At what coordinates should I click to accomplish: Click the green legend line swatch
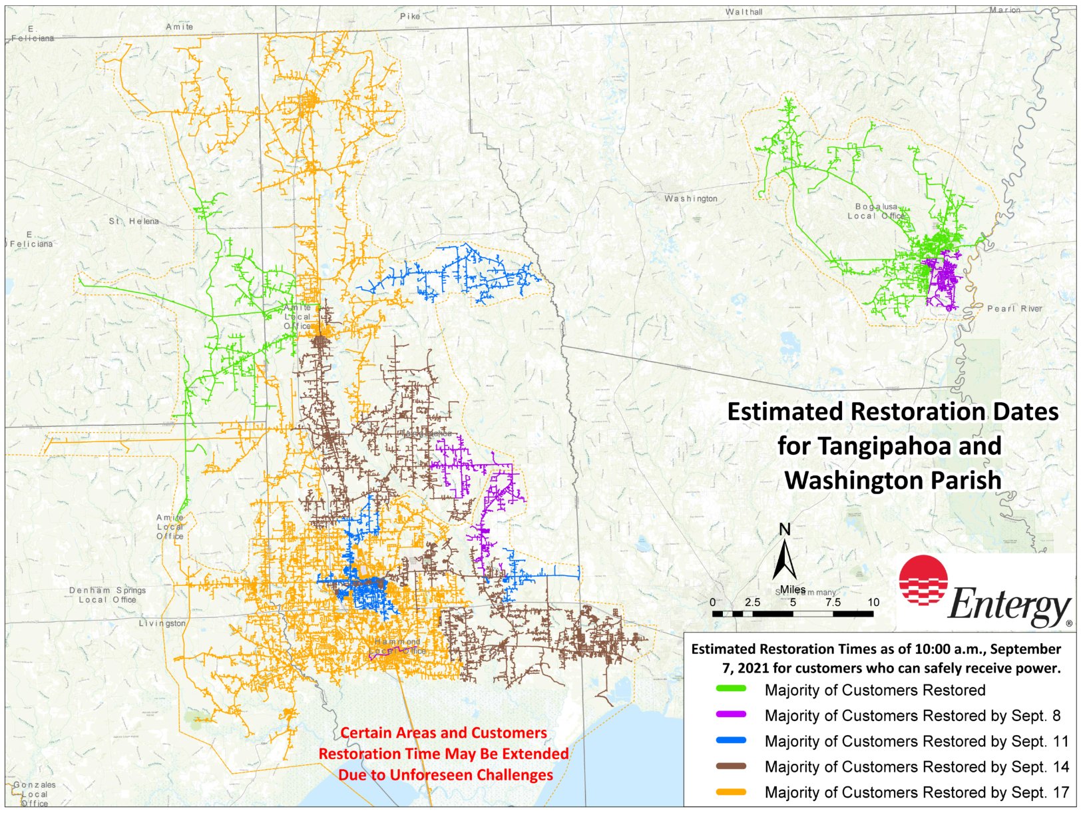click(730, 689)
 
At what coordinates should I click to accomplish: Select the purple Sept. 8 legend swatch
click(730, 714)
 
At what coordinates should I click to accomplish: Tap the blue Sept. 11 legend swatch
click(730, 740)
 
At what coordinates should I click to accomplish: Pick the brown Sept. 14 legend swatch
click(730, 766)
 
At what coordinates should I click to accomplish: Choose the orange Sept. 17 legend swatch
click(730, 792)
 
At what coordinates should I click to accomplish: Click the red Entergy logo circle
click(923, 580)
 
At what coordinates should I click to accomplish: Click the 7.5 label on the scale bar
click(833, 602)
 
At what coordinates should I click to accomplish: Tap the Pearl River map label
click(1014, 308)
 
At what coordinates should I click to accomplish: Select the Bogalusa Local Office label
click(876, 211)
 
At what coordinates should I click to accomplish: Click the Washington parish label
click(691, 198)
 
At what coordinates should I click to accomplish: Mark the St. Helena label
click(134, 221)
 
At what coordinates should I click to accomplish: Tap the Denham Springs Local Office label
click(107, 595)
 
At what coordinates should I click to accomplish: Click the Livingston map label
click(162, 623)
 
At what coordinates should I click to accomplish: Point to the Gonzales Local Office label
click(35, 794)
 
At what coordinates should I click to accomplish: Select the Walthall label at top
click(744, 12)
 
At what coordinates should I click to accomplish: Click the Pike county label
click(410, 16)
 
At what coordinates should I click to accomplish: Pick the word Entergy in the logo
click(1008, 605)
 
